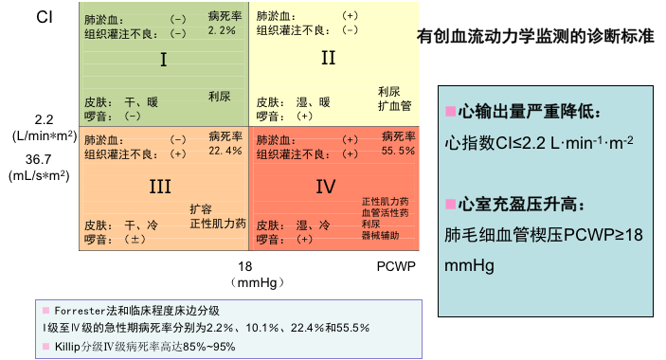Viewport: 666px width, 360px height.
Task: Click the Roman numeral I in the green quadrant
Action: click(x=163, y=61)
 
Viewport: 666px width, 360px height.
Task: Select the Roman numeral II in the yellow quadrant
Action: click(x=328, y=58)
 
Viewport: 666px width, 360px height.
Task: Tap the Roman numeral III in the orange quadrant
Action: click(x=159, y=187)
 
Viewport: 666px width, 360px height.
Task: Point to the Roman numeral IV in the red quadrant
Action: click(x=325, y=187)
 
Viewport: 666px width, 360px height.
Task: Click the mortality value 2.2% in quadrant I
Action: click(x=221, y=31)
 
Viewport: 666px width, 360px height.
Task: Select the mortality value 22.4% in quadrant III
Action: click(x=225, y=151)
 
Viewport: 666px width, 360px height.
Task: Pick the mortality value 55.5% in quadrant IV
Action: click(x=398, y=151)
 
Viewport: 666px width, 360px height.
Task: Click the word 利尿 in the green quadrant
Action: click(x=220, y=97)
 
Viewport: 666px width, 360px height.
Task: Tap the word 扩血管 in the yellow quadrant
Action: click(x=393, y=105)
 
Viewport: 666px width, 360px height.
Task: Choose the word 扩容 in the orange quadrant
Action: click(x=201, y=208)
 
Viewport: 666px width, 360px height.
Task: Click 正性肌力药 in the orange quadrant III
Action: click(x=218, y=225)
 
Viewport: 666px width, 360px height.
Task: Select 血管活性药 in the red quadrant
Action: click(x=385, y=213)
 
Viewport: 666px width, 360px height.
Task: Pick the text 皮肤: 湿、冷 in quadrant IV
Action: click(x=295, y=225)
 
